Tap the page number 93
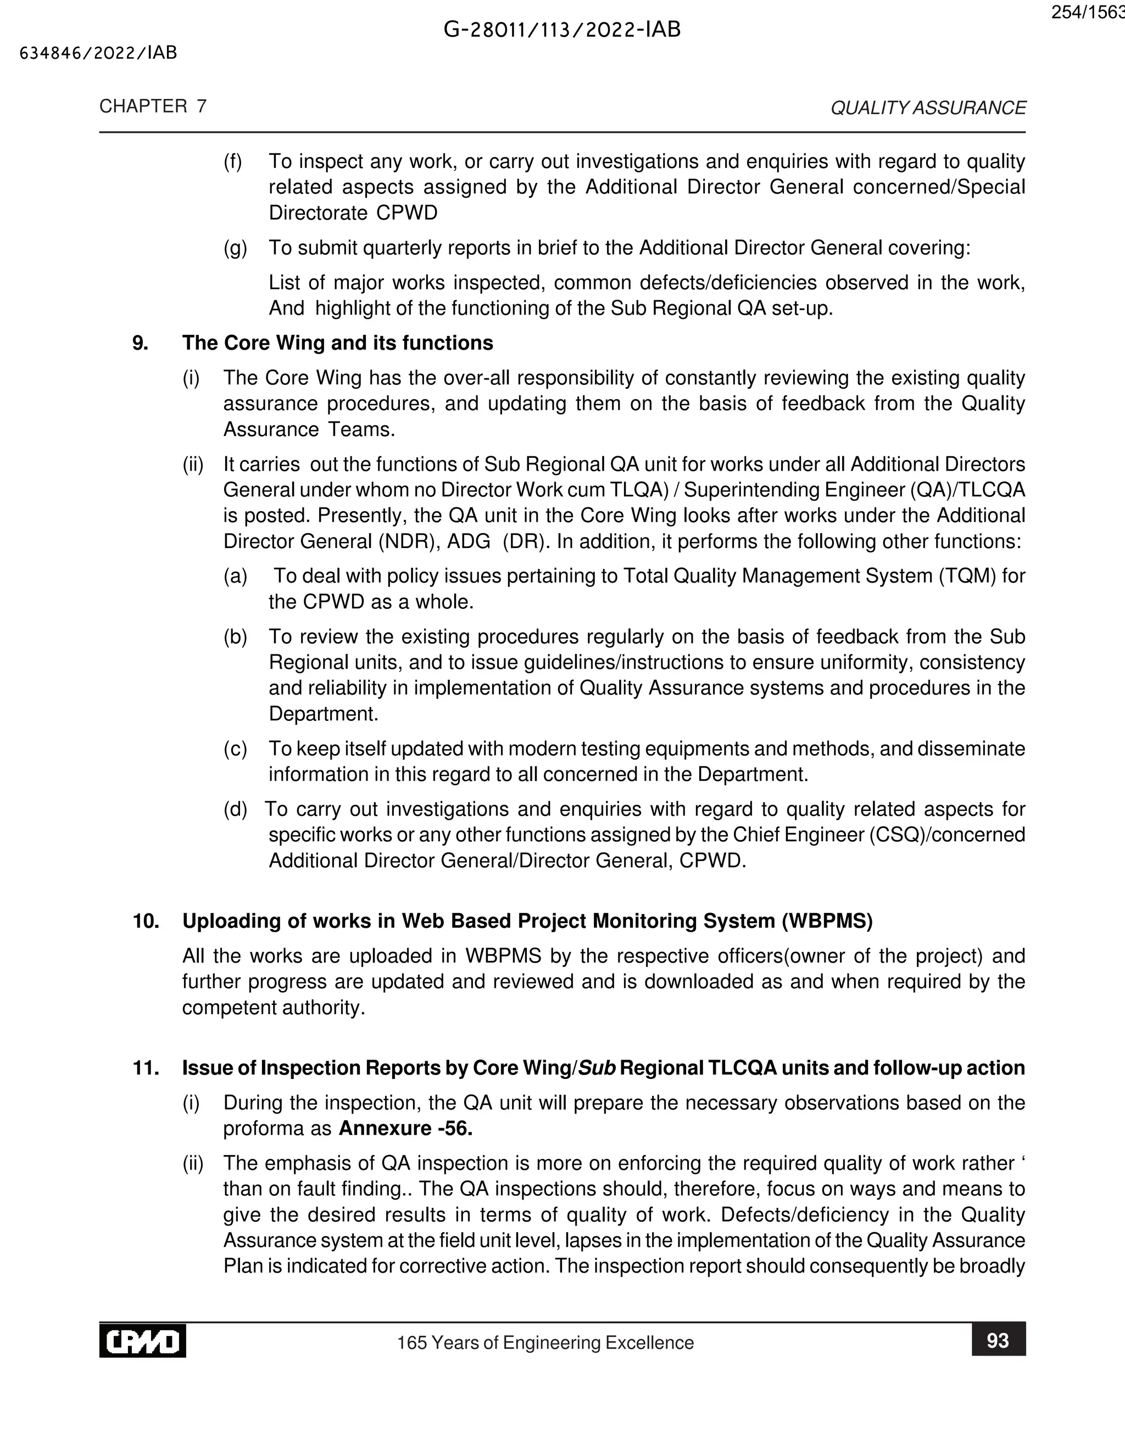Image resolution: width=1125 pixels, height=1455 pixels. [x=997, y=1340]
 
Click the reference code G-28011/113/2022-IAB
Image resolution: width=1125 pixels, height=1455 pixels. [x=562, y=30]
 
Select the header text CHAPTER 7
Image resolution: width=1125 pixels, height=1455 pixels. [x=153, y=107]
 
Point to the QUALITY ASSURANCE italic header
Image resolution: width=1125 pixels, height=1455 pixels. [x=928, y=108]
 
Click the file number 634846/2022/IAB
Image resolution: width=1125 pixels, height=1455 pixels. [x=99, y=53]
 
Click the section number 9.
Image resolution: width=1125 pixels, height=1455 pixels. [x=140, y=343]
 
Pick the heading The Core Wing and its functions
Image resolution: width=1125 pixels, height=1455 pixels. [x=337, y=343]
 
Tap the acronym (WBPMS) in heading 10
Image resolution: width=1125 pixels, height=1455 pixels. [x=826, y=921]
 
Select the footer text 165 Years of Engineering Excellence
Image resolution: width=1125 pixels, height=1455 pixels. [x=545, y=1342]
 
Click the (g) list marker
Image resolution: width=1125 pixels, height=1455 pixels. [x=235, y=248]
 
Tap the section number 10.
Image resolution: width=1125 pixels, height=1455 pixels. [x=146, y=921]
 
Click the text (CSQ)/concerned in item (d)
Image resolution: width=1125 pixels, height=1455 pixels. [x=947, y=835]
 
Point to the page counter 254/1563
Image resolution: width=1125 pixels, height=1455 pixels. [x=1087, y=13]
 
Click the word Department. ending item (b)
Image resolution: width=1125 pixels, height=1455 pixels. [x=323, y=714]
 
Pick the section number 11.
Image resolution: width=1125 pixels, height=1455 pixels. [x=146, y=1068]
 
